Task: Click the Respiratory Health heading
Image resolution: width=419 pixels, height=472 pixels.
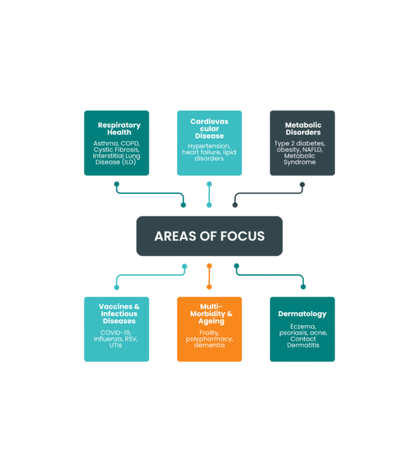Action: click(x=119, y=129)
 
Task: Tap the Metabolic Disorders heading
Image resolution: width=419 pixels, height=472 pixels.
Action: click(x=303, y=129)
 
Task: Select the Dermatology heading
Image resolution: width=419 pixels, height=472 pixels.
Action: click(x=303, y=314)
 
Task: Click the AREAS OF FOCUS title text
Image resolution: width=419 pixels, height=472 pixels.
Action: click(x=209, y=236)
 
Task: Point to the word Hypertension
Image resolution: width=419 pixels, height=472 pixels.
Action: click(x=209, y=146)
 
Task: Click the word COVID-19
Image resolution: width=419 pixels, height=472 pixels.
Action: click(x=116, y=333)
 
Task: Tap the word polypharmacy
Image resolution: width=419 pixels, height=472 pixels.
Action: click(x=209, y=339)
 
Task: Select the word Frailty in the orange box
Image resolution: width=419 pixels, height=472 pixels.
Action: click(x=209, y=333)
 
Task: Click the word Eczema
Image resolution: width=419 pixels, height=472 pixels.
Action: click(x=303, y=327)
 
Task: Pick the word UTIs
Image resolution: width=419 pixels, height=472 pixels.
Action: click(x=116, y=345)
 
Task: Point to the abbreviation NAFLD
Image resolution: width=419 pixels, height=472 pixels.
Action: click(x=313, y=150)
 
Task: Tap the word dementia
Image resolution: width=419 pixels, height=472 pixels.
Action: click(x=209, y=345)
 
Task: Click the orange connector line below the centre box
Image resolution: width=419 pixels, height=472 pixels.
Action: click(x=209, y=277)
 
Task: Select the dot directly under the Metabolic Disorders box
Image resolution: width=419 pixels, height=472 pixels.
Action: click(x=303, y=184)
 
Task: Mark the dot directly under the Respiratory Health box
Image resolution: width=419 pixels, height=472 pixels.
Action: click(x=116, y=184)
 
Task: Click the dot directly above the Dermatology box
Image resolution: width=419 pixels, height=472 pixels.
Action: click(x=303, y=287)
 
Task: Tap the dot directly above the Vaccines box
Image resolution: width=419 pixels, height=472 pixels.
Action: click(x=116, y=288)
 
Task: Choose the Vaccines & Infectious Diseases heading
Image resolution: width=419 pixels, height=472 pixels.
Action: click(x=119, y=314)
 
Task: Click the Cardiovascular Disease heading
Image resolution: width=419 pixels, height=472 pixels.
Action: click(x=209, y=129)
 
